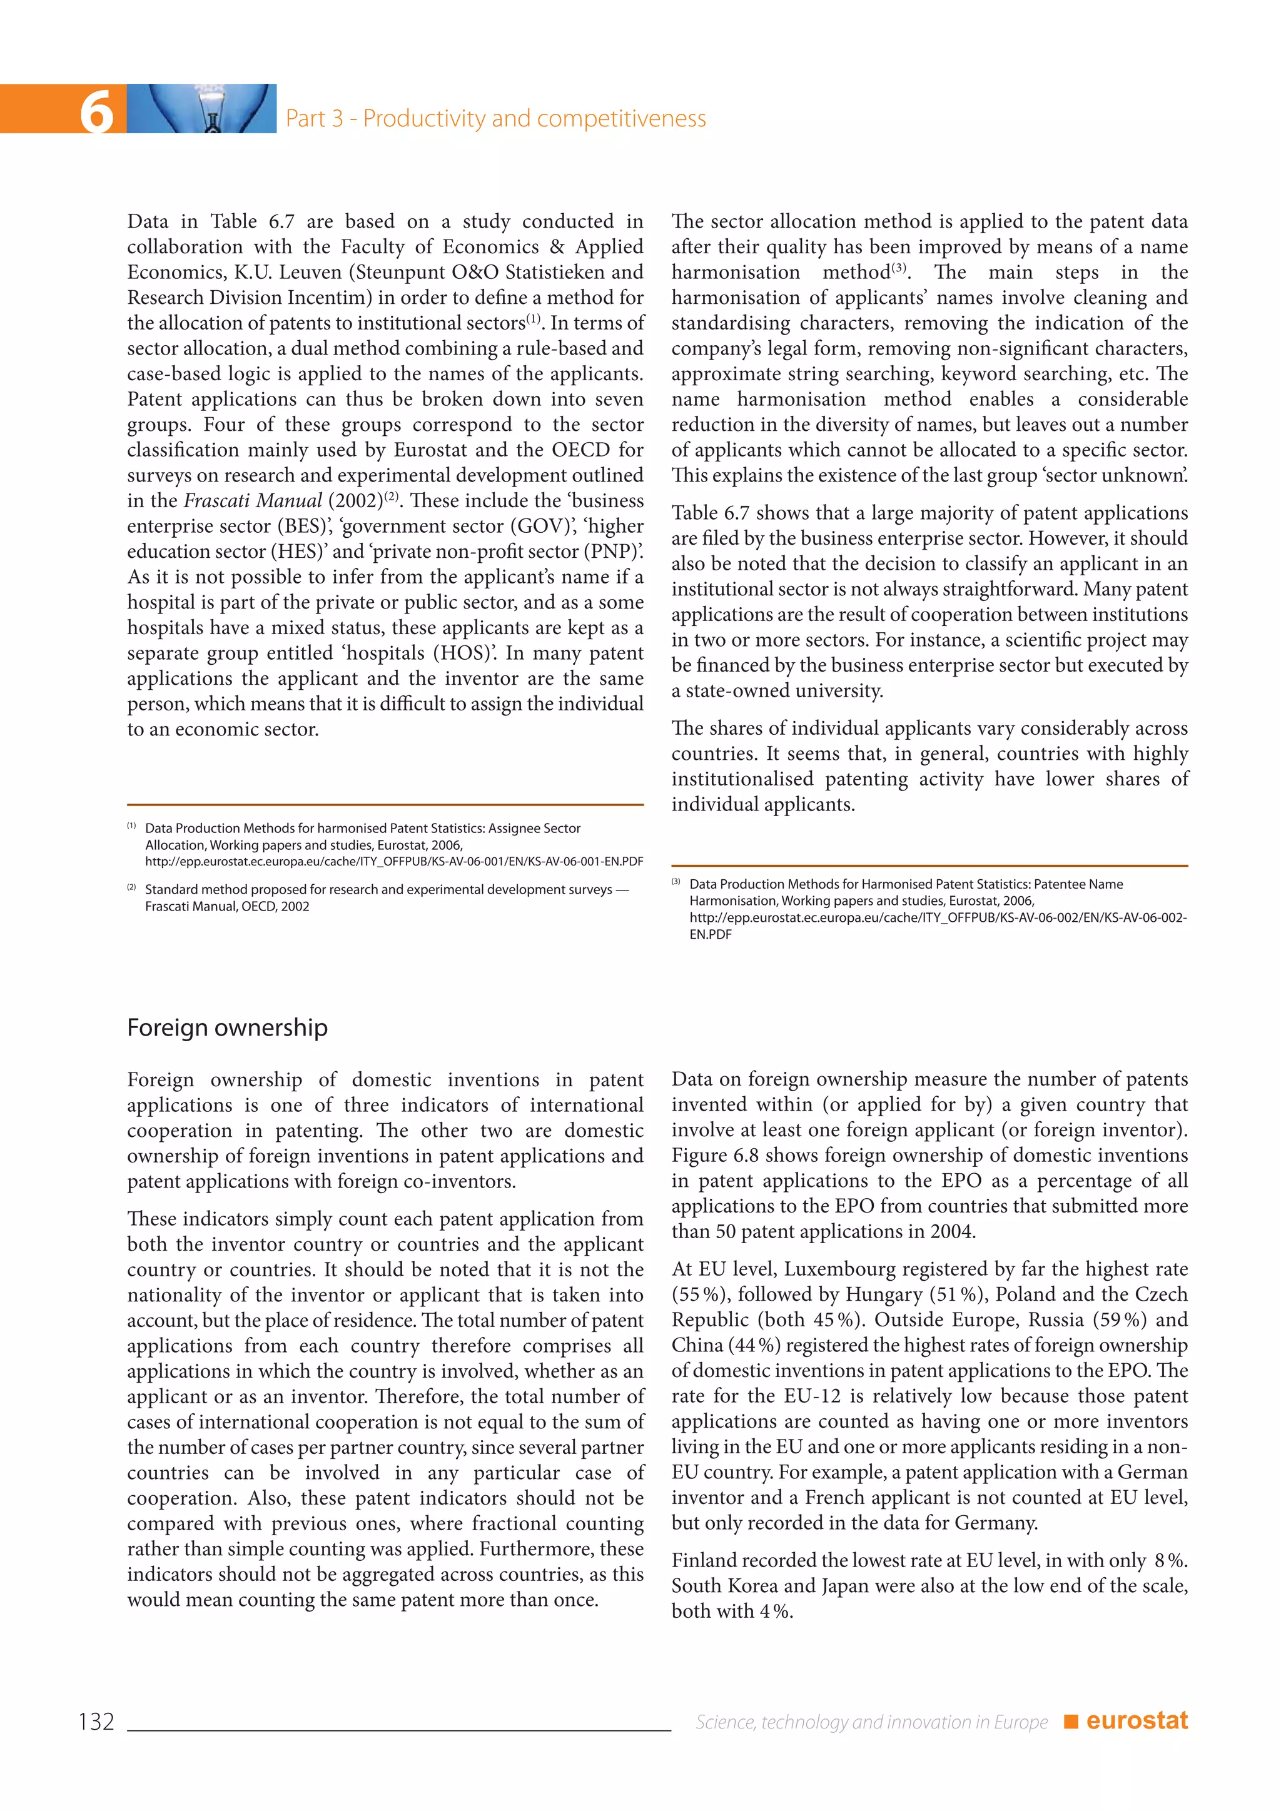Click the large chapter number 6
(x=97, y=111)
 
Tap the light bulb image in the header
(x=202, y=108)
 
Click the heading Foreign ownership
(x=227, y=1028)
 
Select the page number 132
(x=96, y=1721)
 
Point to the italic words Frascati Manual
(x=253, y=501)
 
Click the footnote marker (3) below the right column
(x=676, y=882)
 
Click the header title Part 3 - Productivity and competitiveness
(x=495, y=118)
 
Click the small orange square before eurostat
(x=1070, y=1721)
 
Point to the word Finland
(x=704, y=1560)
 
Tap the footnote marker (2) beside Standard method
(x=132, y=887)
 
